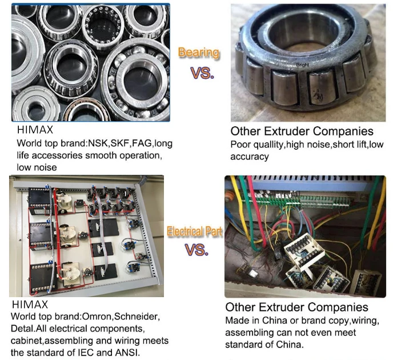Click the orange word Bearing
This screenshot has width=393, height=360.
(199, 53)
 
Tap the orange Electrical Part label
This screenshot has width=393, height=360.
(194, 231)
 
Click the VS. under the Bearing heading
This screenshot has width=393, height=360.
(202, 73)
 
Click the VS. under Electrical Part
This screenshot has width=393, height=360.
(196, 250)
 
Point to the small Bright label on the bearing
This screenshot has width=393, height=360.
(302, 65)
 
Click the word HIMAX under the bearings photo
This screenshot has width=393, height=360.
(35, 130)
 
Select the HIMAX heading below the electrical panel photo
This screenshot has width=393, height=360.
(30, 305)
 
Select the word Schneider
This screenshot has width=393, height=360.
(137, 317)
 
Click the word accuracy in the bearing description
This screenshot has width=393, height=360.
(250, 157)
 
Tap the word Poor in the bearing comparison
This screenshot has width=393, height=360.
(240, 145)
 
